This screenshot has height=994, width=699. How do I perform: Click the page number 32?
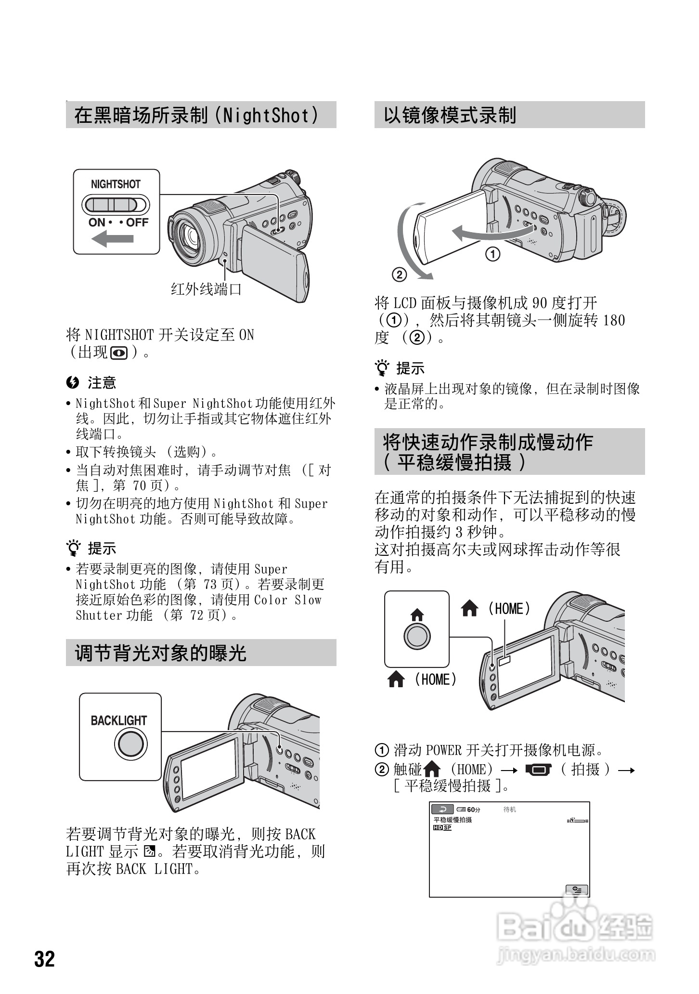(44, 959)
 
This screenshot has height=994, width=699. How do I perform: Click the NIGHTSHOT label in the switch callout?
(116, 184)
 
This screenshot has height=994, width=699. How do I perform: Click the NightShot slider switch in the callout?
(116, 205)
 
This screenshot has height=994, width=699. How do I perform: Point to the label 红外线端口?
(207, 289)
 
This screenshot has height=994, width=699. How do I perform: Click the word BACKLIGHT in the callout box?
(119, 720)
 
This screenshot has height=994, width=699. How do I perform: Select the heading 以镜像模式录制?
(450, 115)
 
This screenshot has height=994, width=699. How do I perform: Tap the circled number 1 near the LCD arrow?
(492, 254)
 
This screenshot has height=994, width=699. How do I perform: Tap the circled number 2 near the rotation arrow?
(400, 275)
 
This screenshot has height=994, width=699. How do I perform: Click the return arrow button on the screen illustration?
(442, 810)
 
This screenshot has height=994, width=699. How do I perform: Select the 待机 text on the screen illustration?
(509, 810)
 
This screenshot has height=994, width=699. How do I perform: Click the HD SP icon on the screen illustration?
(442, 828)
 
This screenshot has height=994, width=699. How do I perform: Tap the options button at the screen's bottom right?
(576, 889)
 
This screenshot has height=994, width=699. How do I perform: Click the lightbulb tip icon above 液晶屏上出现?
(383, 368)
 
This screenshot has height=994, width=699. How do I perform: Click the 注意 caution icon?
(73, 383)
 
